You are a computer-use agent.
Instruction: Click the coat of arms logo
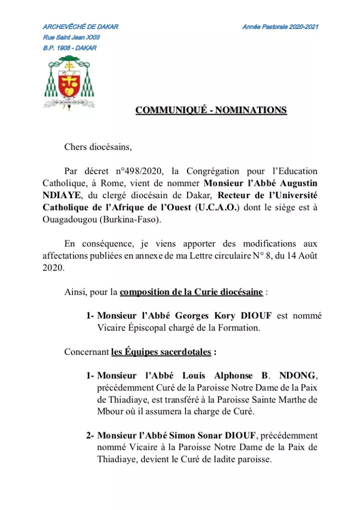click(x=70, y=82)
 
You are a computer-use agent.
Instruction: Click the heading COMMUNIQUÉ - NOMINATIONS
click(x=211, y=110)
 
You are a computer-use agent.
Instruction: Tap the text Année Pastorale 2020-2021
click(x=280, y=27)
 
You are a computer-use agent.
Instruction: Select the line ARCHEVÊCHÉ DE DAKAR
click(x=80, y=27)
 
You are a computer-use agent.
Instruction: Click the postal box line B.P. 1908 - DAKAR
click(x=69, y=48)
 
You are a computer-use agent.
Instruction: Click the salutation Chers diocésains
click(x=98, y=147)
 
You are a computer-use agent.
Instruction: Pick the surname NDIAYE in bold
click(x=60, y=196)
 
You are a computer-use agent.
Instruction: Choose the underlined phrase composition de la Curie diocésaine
click(x=191, y=292)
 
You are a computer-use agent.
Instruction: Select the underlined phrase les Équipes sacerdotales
click(x=161, y=352)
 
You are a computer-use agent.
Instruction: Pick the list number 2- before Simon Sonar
click(x=90, y=436)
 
